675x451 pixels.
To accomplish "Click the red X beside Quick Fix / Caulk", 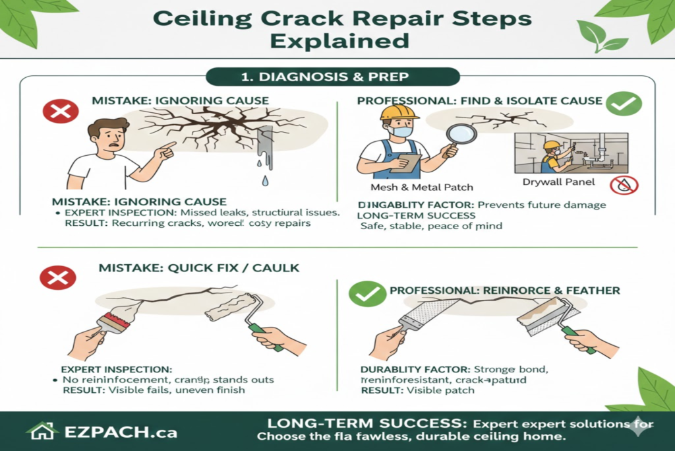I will click(x=58, y=278).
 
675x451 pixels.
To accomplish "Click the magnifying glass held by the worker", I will click(x=461, y=135).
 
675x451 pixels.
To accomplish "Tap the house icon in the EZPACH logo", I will click(x=42, y=431).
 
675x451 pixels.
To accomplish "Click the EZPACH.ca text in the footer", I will click(x=120, y=433).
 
